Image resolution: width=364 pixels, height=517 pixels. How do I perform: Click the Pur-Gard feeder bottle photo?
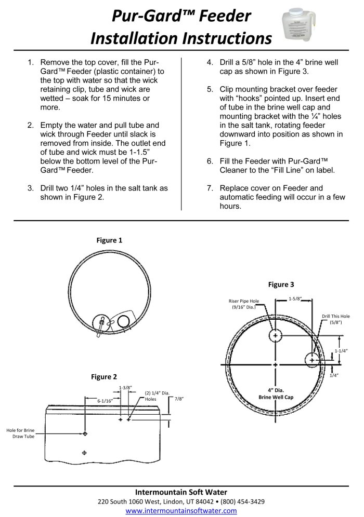[299, 26]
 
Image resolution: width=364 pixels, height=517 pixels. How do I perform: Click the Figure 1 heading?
[109, 240]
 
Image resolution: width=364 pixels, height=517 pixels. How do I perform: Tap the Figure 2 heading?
[104, 377]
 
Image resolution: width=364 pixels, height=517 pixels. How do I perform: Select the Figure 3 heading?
[281, 284]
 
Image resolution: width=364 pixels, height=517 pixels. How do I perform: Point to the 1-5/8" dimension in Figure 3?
[295, 298]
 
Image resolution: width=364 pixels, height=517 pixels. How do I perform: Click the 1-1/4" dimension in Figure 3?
[341, 351]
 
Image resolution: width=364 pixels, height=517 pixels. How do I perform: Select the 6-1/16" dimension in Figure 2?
[105, 401]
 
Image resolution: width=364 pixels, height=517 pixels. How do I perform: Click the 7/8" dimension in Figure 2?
[179, 399]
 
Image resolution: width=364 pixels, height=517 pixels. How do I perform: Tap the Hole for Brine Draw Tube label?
[20, 433]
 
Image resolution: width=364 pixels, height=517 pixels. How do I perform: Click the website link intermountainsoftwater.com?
[181, 511]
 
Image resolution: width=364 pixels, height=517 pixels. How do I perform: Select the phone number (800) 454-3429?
[242, 501]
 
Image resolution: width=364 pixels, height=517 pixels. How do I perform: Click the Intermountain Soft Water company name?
[181, 492]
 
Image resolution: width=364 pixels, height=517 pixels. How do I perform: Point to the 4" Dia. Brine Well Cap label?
[276, 393]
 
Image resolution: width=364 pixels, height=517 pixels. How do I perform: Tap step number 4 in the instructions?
[210, 62]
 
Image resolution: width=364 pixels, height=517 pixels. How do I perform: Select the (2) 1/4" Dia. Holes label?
[157, 396]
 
